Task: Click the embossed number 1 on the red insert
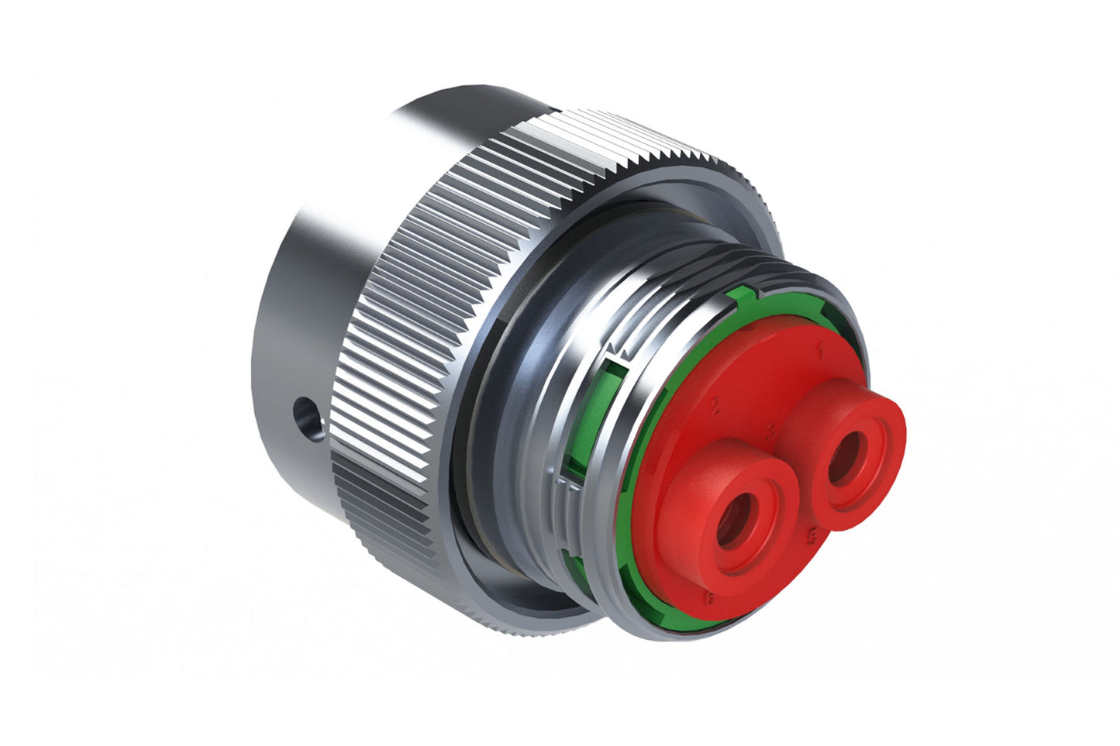(x=820, y=351)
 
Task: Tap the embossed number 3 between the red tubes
(x=770, y=431)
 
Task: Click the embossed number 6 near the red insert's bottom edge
(x=708, y=598)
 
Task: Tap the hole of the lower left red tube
(x=733, y=518)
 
